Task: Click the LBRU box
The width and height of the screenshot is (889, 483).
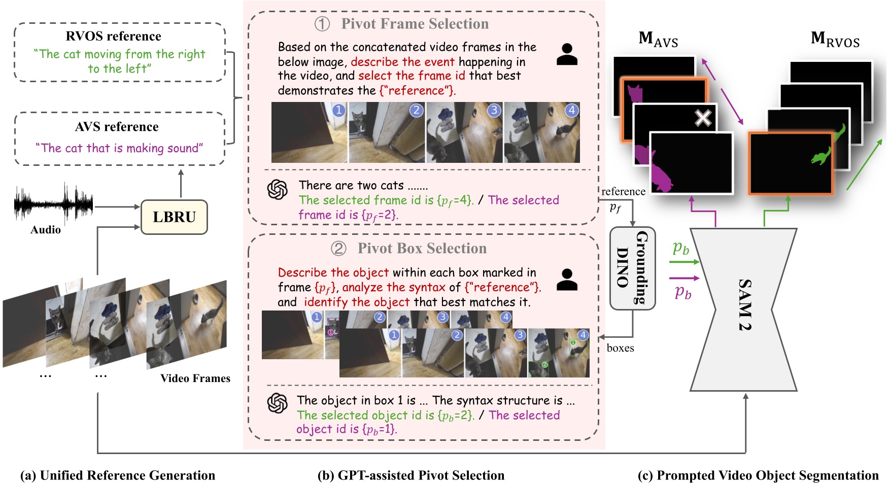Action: tap(174, 217)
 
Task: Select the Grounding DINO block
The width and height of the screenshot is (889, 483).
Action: tap(632, 268)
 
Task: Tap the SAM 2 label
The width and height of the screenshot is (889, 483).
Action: tap(744, 304)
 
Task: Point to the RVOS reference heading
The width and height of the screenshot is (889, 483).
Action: tap(114, 37)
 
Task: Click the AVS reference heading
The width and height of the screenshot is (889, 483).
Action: tap(117, 127)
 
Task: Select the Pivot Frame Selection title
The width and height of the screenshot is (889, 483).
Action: tap(415, 24)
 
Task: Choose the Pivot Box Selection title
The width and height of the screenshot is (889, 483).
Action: tap(422, 249)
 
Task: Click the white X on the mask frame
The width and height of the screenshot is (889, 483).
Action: tap(703, 118)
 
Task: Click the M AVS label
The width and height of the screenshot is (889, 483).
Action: tap(658, 39)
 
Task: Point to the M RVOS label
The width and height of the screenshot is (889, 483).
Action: tap(835, 39)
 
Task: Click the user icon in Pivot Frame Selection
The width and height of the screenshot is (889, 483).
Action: tap(567, 54)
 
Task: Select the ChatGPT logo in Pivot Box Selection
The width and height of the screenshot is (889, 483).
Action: tap(278, 403)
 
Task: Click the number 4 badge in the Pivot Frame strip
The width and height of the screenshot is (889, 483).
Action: tap(572, 110)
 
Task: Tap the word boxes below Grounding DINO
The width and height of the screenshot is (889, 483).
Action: tap(620, 348)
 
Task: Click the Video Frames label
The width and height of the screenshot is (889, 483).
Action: tap(195, 378)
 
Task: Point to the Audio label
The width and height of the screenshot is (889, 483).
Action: tap(46, 230)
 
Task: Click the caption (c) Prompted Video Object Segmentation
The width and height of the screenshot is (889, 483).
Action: tap(758, 475)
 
